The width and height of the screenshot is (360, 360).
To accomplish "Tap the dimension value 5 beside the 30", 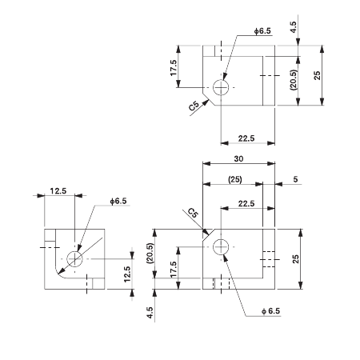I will [x=295, y=180].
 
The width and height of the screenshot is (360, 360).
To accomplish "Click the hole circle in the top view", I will [x=222, y=86].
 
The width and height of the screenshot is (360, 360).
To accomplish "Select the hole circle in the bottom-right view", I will [x=222, y=248].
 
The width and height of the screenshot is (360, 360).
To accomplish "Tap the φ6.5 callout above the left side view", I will [x=117, y=202].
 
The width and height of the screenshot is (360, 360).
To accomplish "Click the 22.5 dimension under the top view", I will [x=246, y=138].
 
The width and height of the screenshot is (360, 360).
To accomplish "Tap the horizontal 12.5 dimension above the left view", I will [x=58, y=190].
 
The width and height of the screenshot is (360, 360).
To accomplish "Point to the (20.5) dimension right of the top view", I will [x=294, y=80].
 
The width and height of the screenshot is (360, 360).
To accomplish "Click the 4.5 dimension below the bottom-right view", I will [x=149, y=311].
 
